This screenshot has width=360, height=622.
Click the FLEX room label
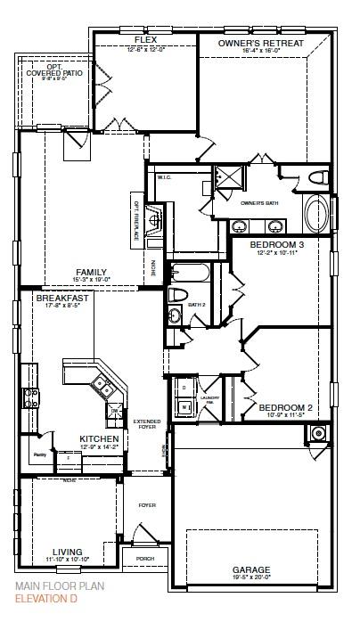click(x=146, y=41)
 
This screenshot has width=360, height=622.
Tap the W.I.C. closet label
click(x=164, y=176)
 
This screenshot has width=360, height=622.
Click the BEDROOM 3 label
click(x=276, y=244)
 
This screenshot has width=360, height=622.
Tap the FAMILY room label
click(x=91, y=273)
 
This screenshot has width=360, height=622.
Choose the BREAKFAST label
click(x=62, y=298)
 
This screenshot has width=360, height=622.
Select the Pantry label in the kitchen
click(x=39, y=454)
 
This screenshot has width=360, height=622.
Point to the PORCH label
click(x=144, y=559)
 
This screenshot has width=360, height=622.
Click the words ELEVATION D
click(x=45, y=601)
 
